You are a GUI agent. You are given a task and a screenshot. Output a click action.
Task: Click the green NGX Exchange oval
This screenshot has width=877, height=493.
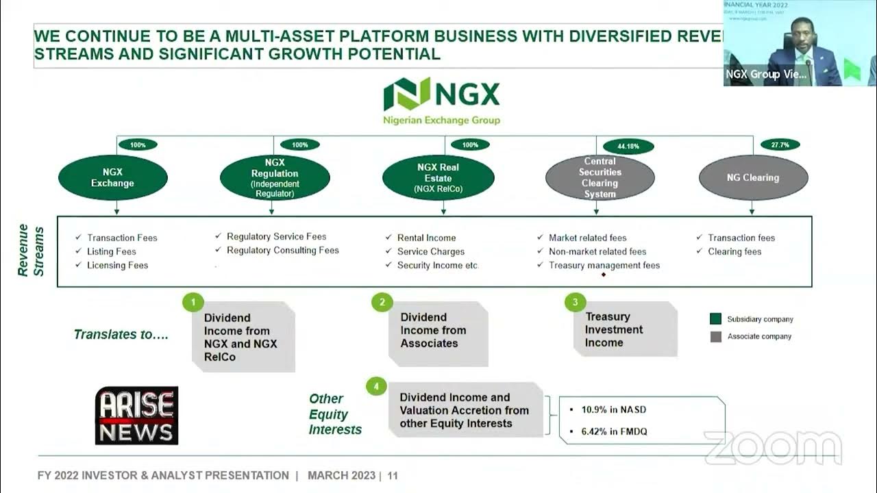coord(113,177)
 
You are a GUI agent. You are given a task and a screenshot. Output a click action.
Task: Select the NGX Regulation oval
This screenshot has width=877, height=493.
coord(275,178)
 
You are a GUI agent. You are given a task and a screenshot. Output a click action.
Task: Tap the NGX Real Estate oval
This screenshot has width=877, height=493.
coord(438,177)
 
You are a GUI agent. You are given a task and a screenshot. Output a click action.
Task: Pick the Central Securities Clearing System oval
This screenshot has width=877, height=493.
coord(600,178)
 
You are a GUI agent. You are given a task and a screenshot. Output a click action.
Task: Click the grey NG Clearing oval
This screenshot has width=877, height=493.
coord(753,177)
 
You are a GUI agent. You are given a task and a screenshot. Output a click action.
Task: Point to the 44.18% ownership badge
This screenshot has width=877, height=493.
coord(628,146)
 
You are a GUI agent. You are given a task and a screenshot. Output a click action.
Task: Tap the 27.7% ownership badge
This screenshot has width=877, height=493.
coord(780,144)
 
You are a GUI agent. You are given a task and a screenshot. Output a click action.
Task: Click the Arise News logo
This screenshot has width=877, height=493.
coord(136,416)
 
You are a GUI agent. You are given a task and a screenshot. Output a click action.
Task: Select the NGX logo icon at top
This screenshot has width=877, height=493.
coord(406,94)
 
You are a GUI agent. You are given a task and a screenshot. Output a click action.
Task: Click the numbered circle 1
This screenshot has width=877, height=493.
coord(193,302)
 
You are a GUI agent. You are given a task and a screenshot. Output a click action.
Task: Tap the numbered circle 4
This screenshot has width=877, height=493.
coord(376,387)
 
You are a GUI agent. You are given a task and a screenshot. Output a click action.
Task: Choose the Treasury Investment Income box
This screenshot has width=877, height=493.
coord(623,329)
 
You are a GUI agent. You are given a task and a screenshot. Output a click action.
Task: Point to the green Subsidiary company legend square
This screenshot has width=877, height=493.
coord(716,319)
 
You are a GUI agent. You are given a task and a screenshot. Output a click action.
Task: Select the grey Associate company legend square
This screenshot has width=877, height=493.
coord(716,336)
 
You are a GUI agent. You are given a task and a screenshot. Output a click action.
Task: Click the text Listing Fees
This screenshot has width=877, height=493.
coord(112,251)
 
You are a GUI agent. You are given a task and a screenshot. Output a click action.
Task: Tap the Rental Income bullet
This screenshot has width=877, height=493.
coord(426,238)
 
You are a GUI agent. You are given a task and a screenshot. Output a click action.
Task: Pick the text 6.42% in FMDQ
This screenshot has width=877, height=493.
coord(614,431)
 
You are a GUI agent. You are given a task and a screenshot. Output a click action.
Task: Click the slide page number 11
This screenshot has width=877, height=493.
coord(393,475)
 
